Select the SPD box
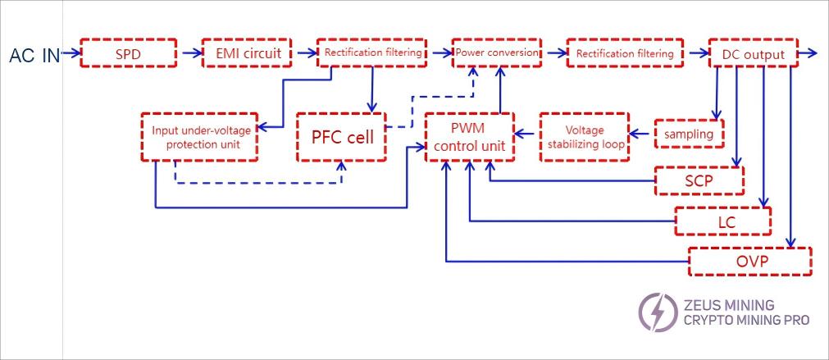(129, 54)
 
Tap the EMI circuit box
(248, 54)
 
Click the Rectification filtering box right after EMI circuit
(373, 53)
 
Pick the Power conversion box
(497, 53)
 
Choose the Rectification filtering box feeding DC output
(625, 54)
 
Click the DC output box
(753, 54)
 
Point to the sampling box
(689, 134)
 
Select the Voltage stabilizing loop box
(584, 136)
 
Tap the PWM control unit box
(468, 137)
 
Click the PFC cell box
(342, 136)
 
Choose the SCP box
(698, 180)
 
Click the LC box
(722, 221)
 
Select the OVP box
(749, 262)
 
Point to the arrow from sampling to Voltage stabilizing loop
(640, 132)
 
